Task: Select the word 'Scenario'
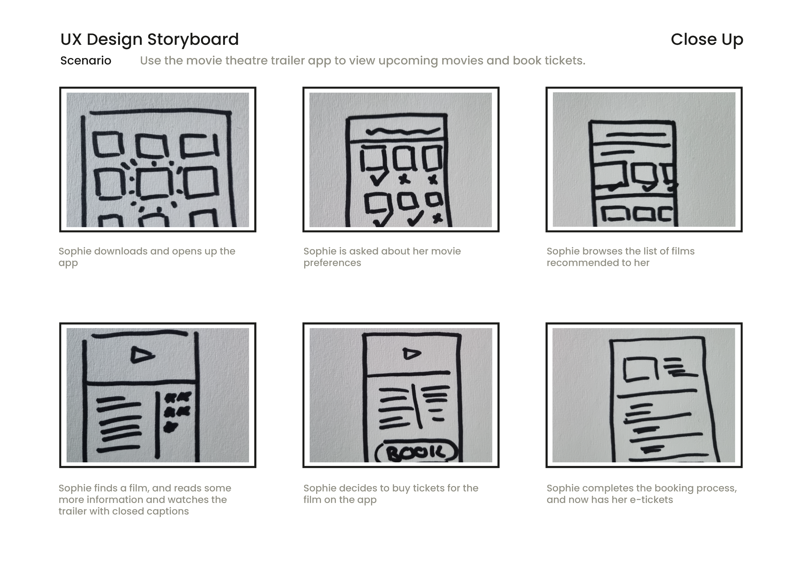coord(86,61)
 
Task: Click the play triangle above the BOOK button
coord(412,354)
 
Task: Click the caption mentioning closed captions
coord(145,499)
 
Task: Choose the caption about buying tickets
coord(391,494)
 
